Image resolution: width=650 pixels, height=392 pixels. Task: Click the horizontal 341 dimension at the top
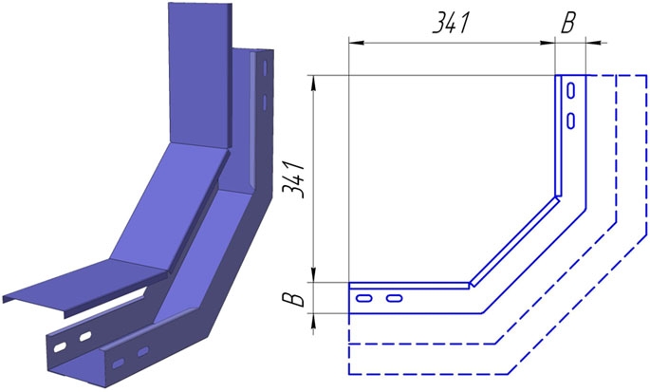click(451, 24)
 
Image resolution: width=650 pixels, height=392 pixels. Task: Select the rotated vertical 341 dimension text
click(293, 179)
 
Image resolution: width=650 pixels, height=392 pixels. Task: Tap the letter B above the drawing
click(568, 23)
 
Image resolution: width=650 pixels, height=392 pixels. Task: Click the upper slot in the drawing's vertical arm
click(571, 91)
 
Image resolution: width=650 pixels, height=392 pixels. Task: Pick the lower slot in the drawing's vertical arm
click(571, 121)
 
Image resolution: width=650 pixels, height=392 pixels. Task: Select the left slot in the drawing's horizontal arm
click(364, 298)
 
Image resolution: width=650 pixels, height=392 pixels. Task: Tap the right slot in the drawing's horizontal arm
click(394, 298)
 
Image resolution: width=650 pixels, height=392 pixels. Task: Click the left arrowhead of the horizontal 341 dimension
click(356, 43)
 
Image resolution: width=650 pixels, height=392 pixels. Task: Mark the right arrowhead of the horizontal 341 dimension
click(548, 43)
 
